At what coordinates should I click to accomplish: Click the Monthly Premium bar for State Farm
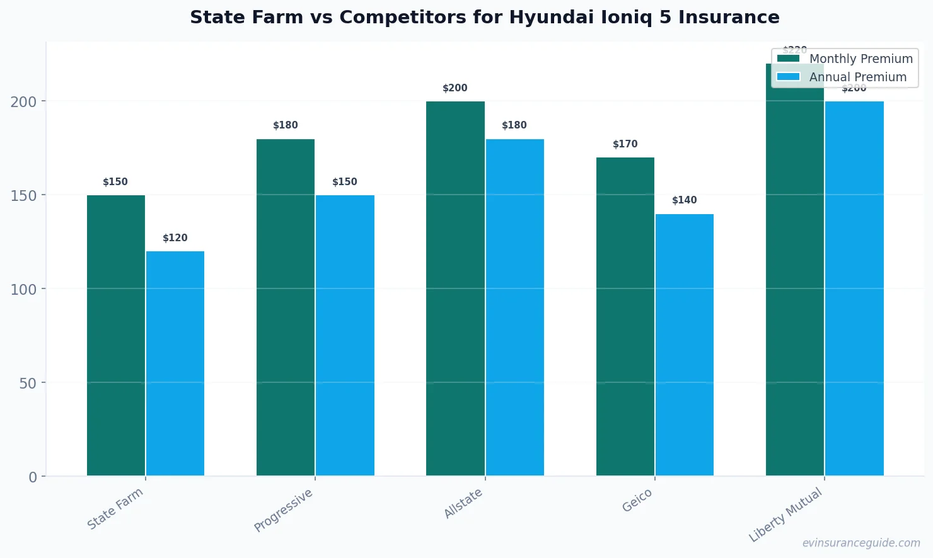[x=116, y=335]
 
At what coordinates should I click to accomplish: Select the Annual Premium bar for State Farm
[x=175, y=363]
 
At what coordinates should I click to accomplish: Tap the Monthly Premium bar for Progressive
[x=286, y=307]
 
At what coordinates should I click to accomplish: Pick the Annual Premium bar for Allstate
[x=514, y=307]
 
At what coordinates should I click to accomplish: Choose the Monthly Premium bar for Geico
[x=625, y=316]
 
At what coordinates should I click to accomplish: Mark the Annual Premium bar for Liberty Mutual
[x=854, y=288]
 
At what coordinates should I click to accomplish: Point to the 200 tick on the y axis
[x=23, y=101]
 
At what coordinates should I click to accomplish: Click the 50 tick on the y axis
[x=28, y=383]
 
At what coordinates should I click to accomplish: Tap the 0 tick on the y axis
[x=33, y=477]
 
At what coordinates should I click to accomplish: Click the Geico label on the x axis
[x=637, y=501]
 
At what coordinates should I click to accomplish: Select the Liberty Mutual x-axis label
[x=785, y=515]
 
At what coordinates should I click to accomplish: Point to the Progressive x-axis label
[x=283, y=510]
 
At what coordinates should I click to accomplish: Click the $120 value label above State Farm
[x=175, y=238]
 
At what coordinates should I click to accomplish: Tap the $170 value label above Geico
[x=625, y=144]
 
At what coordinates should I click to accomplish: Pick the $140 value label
[x=685, y=200]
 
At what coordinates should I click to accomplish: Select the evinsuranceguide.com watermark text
[x=861, y=543]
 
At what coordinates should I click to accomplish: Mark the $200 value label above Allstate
[x=455, y=88]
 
